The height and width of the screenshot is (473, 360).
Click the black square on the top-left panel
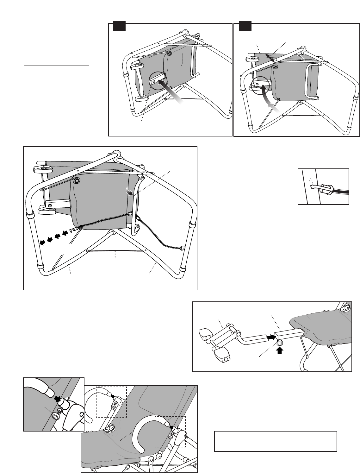pos(120,26)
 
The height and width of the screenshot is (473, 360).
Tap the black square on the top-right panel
pos(245,26)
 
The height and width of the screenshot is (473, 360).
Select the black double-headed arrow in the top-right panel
pos(270,58)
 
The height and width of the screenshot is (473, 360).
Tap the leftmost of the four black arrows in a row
pos(42,242)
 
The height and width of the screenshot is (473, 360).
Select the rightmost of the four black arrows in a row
pos(65,233)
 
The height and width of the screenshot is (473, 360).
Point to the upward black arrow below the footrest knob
pos(279,350)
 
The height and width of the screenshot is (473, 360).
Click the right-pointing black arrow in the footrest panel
pos(270,337)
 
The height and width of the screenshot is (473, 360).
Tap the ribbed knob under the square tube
pos(279,343)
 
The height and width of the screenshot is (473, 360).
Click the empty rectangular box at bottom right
pos(276,441)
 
